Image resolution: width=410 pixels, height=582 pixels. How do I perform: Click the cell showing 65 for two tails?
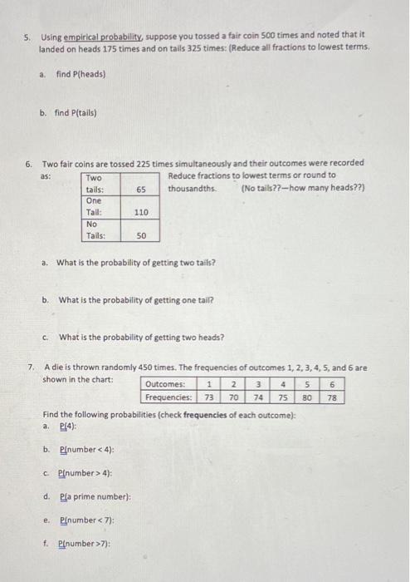pos(141,190)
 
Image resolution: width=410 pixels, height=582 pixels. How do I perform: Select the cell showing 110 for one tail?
pos(141,213)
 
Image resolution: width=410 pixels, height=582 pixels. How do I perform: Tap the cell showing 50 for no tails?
pos(141,236)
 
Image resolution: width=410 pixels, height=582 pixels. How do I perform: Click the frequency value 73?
pos(209,397)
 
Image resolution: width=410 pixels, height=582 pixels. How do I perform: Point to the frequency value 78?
pos(333,397)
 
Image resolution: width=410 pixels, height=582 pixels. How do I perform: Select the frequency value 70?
pos(234,397)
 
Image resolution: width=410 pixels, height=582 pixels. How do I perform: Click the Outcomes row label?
pos(168,385)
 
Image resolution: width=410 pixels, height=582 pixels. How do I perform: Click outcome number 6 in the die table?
pos(333,385)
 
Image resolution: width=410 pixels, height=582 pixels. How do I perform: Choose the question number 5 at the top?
pos(27,37)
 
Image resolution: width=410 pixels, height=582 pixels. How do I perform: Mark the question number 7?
pos(30,367)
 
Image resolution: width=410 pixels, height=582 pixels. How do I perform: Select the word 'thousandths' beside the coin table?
pos(192,188)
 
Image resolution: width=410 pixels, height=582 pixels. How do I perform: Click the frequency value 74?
pos(258,397)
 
